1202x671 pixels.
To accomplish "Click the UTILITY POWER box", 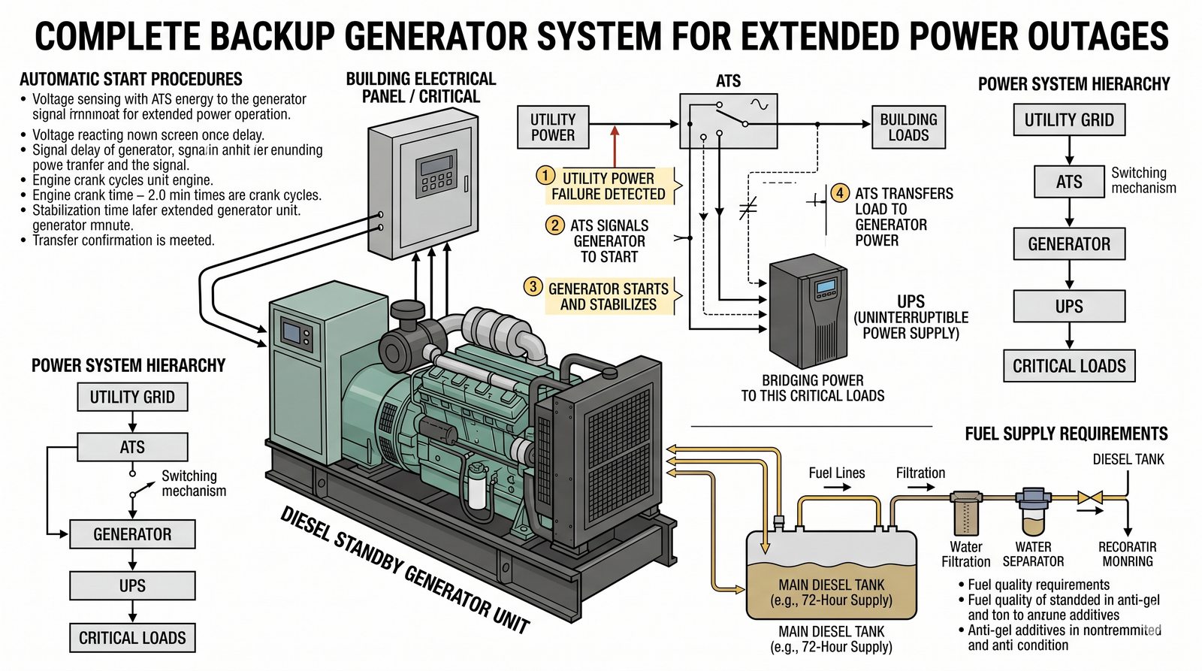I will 553,127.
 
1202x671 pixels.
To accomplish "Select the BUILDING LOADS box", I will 908,127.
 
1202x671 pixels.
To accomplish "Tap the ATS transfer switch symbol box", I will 728,120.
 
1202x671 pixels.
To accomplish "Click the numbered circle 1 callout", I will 544,177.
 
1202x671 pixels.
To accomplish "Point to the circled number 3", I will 533,286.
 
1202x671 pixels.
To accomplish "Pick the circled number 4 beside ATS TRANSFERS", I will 840,193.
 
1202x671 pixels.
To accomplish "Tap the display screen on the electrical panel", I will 438,165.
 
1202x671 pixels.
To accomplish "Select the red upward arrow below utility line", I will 615,146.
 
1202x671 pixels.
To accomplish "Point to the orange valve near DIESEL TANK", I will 1089,497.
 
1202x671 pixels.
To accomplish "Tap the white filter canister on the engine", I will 477,485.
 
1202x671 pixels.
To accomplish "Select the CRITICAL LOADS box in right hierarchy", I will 1069,366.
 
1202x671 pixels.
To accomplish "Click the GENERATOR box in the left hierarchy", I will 132,534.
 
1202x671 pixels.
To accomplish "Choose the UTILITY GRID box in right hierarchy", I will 1069,120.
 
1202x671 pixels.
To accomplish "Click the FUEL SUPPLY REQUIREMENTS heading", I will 1066,434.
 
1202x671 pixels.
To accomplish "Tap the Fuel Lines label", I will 836,473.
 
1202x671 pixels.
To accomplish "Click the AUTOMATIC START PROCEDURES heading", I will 131,79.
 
